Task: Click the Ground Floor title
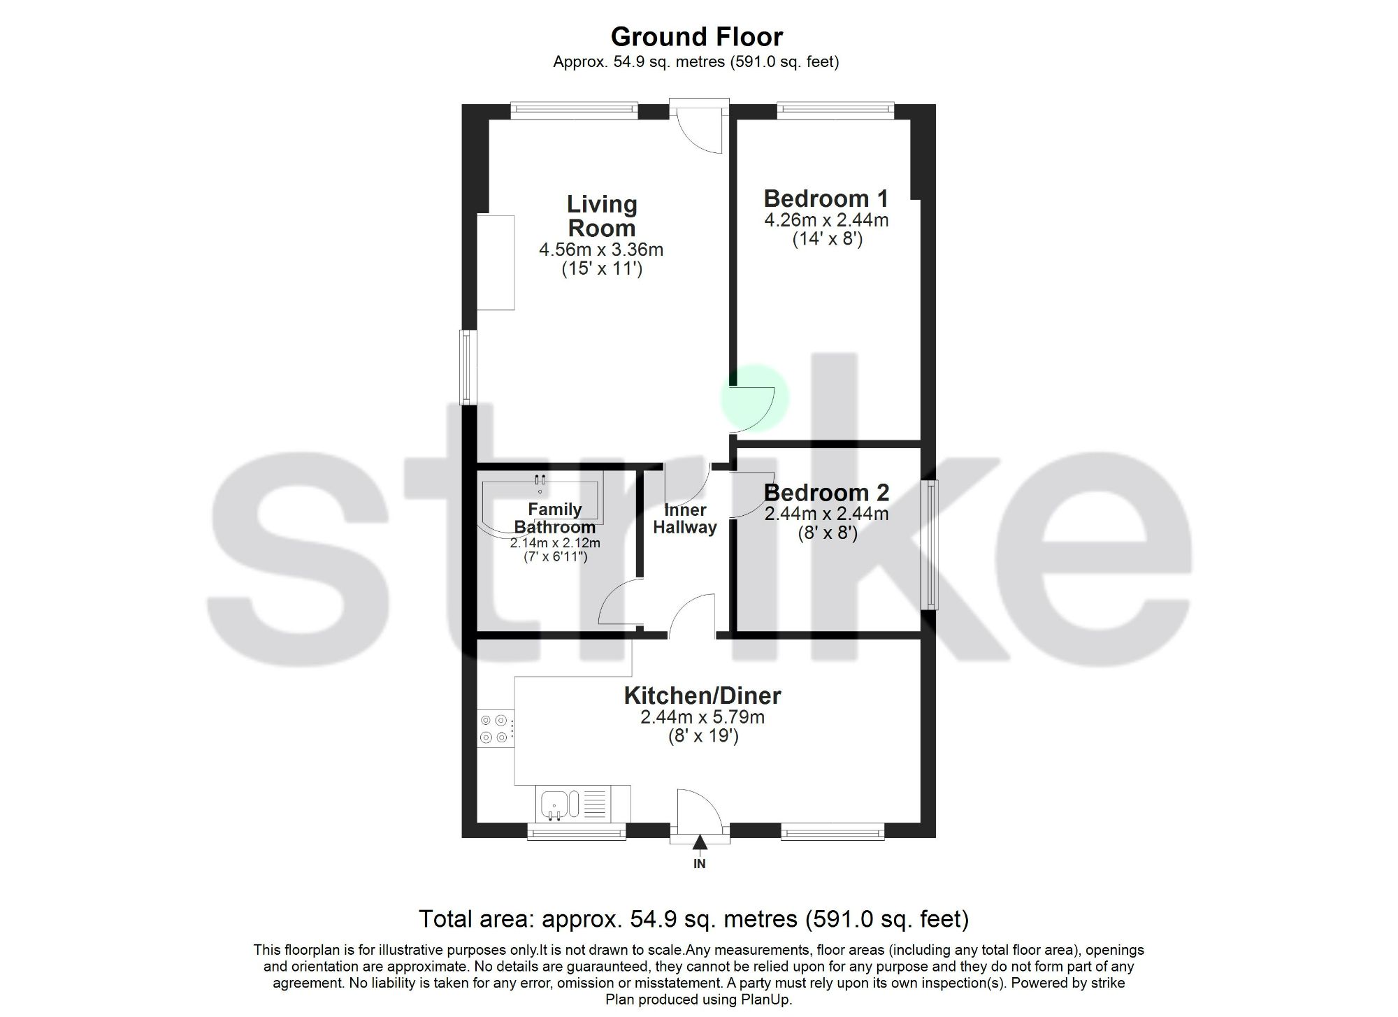pyautogui.click(x=697, y=36)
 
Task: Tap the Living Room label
pyautogui.click(x=602, y=216)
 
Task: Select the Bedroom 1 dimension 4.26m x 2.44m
pyautogui.click(x=826, y=220)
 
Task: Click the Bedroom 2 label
pyautogui.click(x=826, y=492)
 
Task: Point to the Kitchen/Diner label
pyautogui.click(x=702, y=695)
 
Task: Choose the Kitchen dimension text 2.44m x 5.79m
pyautogui.click(x=702, y=717)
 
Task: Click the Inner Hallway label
pyautogui.click(x=685, y=519)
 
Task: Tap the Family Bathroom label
pyautogui.click(x=555, y=518)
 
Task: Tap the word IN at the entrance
pyautogui.click(x=700, y=864)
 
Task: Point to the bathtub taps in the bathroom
pyautogui.click(x=540, y=479)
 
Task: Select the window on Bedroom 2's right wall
pyautogui.click(x=930, y=544)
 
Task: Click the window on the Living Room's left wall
pyautogui.click(x=467, y=367)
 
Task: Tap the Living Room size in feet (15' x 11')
pyautogui.click(x=602, y=268)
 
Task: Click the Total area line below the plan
pyautogui.click(x=693, y=918)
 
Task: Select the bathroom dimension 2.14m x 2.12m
pyautogui.click(x=555, y=543)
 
